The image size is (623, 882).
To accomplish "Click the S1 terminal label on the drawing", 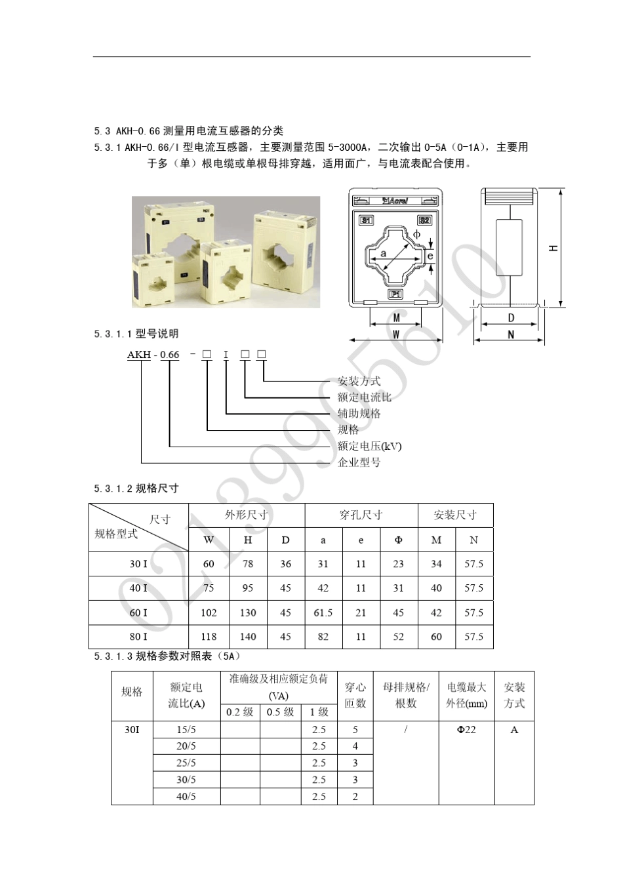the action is coord(366,220).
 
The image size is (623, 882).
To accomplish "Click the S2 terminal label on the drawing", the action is coord(424,220).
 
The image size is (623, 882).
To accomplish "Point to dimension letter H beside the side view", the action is coord(553,249).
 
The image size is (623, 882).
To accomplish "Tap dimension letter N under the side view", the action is coord(511,334).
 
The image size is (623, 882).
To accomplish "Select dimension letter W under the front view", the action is coord(395,334).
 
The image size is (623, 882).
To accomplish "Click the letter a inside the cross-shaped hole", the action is coord(384,253).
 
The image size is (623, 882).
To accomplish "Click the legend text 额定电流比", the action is coord(364,397).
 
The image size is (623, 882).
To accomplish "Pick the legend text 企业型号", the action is coord(359,462).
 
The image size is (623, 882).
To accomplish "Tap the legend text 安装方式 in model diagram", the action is coord(359,381).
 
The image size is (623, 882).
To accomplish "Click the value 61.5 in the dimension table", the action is coord(323,613).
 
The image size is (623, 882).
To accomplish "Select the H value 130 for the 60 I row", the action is coord(248,613).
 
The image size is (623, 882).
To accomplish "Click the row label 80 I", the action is coord(138,637).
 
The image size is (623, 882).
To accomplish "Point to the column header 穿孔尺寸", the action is coord(361,515).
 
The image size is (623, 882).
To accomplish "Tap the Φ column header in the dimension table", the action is coord(398,540).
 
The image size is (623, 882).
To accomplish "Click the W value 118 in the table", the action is coord(209,637).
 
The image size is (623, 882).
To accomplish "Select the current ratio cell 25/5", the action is coord(186,763).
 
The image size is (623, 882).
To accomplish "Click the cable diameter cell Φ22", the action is coord(466,730).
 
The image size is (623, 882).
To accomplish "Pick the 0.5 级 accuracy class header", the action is coord(280,712).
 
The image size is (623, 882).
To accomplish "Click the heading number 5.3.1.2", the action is coord(113,489).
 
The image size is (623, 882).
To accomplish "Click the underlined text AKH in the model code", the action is coord(139,355).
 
